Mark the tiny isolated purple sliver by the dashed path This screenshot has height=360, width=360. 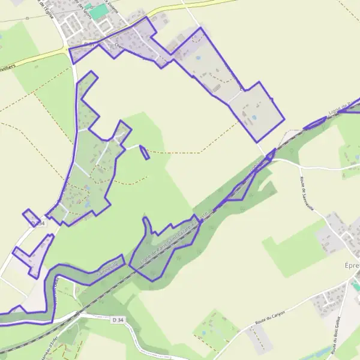pyautogui.click(x=144, y=152)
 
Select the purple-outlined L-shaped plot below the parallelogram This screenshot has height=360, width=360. pyautogui.click(x=34, y=255)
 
